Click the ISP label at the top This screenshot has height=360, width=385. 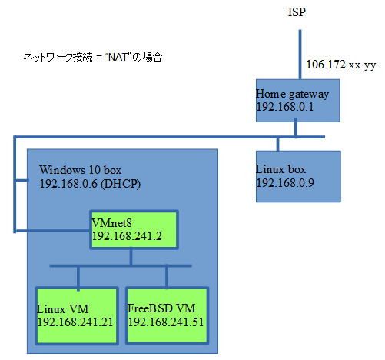click(297, 12)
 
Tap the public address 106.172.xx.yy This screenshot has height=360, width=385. click(341, 65)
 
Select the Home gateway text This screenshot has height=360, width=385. click(292, 95)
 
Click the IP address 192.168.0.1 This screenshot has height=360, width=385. click(285, 107)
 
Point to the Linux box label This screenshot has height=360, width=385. click(280, 169)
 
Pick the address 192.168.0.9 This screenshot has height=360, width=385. click(285, 183)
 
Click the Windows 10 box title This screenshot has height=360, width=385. click(80, 170)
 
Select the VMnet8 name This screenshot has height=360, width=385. click(112, 223)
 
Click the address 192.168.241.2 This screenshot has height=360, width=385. click(127, 236)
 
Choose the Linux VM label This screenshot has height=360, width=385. click(63, 309)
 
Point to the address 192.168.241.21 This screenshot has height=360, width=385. click(75, 322)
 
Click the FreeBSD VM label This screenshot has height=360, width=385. click(161, 308)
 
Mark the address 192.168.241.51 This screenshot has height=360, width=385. click(166, 322)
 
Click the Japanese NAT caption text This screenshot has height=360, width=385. click(93, 57)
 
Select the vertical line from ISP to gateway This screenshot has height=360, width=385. click(300, 55)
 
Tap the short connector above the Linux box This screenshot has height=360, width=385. click(277, 145)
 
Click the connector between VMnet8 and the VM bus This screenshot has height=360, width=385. click(131, 257)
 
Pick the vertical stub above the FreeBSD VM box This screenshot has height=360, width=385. click(167, 278)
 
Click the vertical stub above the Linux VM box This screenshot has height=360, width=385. click(78, 278)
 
